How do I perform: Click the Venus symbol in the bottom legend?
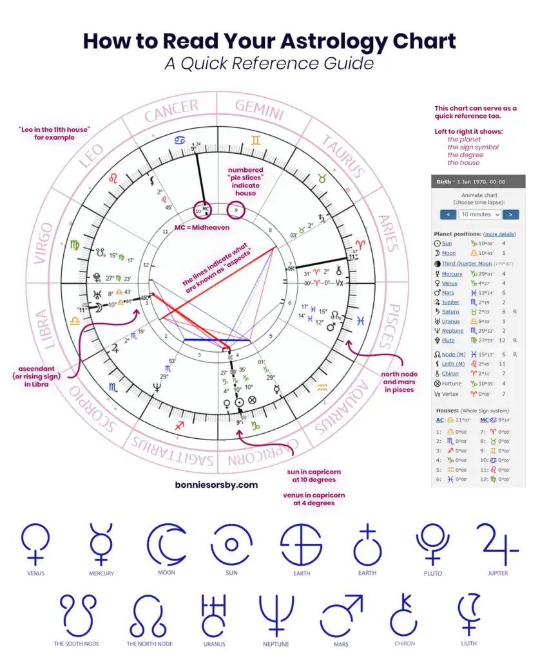35,544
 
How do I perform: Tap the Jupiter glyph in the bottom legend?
497,544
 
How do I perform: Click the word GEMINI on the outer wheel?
260,110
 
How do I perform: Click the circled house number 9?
237,209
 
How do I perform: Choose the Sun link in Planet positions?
447,244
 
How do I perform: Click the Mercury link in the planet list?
452,274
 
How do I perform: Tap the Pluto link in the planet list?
448,340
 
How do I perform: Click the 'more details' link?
500,234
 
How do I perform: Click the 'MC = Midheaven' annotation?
202,227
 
